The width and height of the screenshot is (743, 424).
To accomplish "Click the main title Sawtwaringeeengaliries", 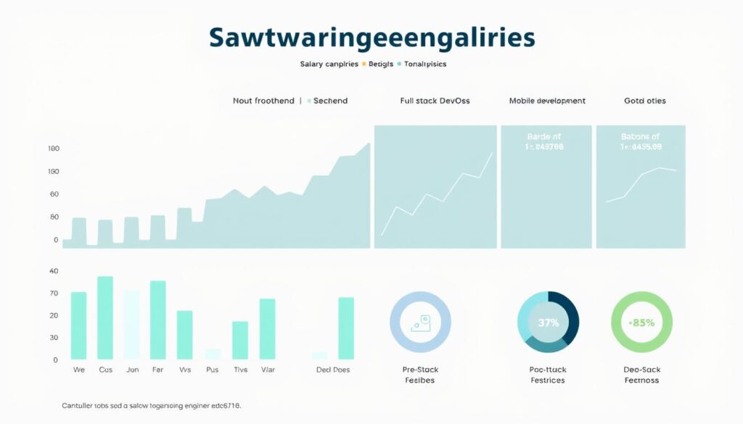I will [x=371, y=38].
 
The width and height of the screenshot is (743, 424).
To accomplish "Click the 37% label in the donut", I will [x=548, y=323].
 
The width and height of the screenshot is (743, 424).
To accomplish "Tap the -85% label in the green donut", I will [x=641, y=323].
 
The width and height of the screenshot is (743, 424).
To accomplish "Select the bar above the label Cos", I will [x=105, y=317].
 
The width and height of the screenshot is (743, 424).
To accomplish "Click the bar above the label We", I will [x=78, y=325].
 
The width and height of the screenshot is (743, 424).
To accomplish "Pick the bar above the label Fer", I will [x=158, y=320].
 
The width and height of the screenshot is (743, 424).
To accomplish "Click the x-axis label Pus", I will [x=213, y=370].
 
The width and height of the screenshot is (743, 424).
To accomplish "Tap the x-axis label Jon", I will [x=132, y=370].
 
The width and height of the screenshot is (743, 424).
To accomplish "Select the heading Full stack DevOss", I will [x=435, y=101].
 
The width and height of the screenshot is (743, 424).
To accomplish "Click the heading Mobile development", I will [x=547, y=101].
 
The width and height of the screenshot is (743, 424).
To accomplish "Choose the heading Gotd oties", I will [x=645, y=101].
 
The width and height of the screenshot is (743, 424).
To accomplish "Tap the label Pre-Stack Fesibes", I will [x=420, y=374].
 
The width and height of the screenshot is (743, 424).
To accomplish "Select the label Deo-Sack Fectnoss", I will [x=642, y=374].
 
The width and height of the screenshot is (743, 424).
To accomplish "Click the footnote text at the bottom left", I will [x=151, y=406].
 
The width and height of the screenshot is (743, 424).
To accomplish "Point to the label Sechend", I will [x=330, y=101].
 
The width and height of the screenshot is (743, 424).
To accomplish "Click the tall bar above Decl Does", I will [x=346, y=328].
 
